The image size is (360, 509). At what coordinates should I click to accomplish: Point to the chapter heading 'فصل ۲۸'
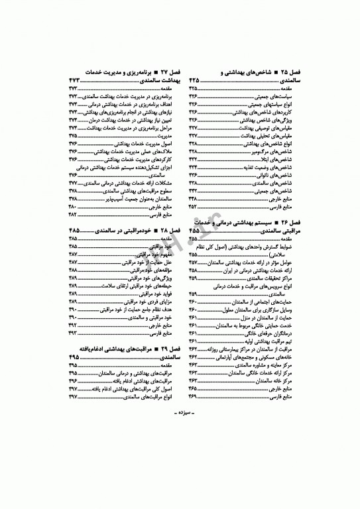click(x=166, y=229)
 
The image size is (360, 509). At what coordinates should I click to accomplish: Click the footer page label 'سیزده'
click(x=180, y=469)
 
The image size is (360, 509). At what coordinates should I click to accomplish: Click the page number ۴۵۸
click(x=197, y=270)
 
